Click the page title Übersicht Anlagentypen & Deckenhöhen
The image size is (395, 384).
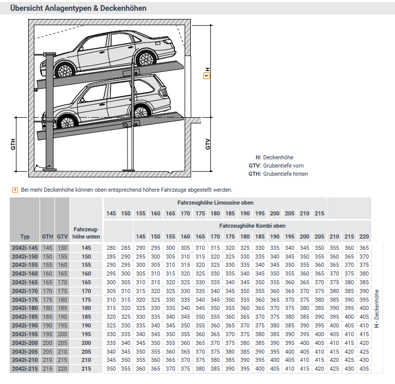(78, 8)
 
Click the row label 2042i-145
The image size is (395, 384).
(25, 248)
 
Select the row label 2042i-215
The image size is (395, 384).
(25, 369)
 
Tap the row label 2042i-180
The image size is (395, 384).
(25, 308)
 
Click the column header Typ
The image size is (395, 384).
(25, 236)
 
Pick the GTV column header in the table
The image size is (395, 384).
(62, 236)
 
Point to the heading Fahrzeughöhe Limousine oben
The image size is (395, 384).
(216, 203)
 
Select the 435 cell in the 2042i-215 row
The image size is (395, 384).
(364, 369)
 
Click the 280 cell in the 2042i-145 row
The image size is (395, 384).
(111, 248)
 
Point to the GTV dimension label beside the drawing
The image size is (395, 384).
(208, 144)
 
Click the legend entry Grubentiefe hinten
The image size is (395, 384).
(285, 174)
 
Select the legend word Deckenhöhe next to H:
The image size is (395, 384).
(278, 157)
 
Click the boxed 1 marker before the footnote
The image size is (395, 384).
(15, 190)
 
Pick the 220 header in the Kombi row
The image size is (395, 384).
(364, 236)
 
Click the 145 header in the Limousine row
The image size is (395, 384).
(111, 213)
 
